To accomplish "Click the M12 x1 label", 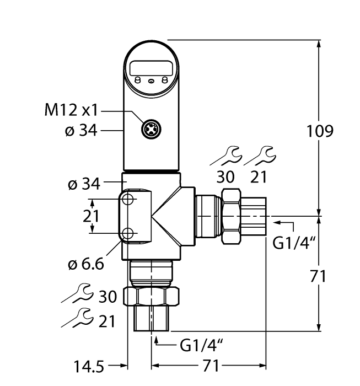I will [71, 110].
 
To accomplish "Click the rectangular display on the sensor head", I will [151, 69].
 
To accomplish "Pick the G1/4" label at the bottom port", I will [201, 345].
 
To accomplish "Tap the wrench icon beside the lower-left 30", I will [78, 294].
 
